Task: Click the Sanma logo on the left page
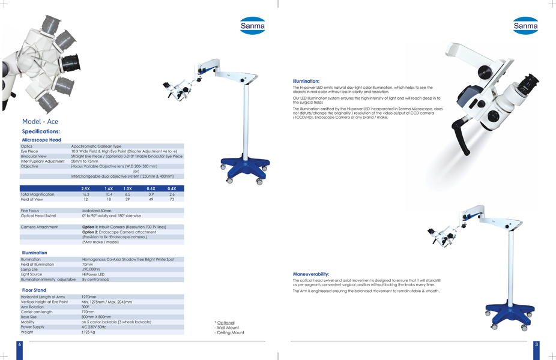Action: point(252,26)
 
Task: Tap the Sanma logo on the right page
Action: point(525,26)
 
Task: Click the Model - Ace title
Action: point(40,122)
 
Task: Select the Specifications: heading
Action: point(41,131)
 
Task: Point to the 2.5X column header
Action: point(86,189)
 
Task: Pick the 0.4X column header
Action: point(172,189)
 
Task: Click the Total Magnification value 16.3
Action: point(86,194)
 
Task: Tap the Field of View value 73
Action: point(172,199)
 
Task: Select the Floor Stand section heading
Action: point(34,290)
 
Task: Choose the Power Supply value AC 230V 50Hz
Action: point(94,327)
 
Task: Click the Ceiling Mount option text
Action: point(229,332)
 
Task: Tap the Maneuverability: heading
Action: point(311,274)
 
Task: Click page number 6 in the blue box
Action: point(19,344)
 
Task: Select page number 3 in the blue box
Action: point(536,344)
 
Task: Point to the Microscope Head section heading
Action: point(41,140)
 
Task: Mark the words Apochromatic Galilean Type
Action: point(96,146)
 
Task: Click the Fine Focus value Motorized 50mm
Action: point(97,211)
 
